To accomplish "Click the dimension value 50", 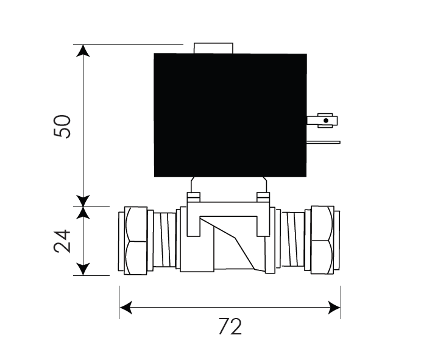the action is coord(62,127).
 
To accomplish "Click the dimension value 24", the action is coord(62,241).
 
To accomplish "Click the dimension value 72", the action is coord(230,326).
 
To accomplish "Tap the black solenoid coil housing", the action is coord(230,115).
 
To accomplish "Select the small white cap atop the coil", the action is coord(213,48).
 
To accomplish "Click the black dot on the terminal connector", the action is coord(326,121).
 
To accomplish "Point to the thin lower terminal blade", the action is coord(324,143).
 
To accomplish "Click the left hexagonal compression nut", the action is coord(136,241).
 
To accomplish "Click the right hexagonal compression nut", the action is coord(322,240).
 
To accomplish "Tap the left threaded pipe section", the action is coord(165,239).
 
